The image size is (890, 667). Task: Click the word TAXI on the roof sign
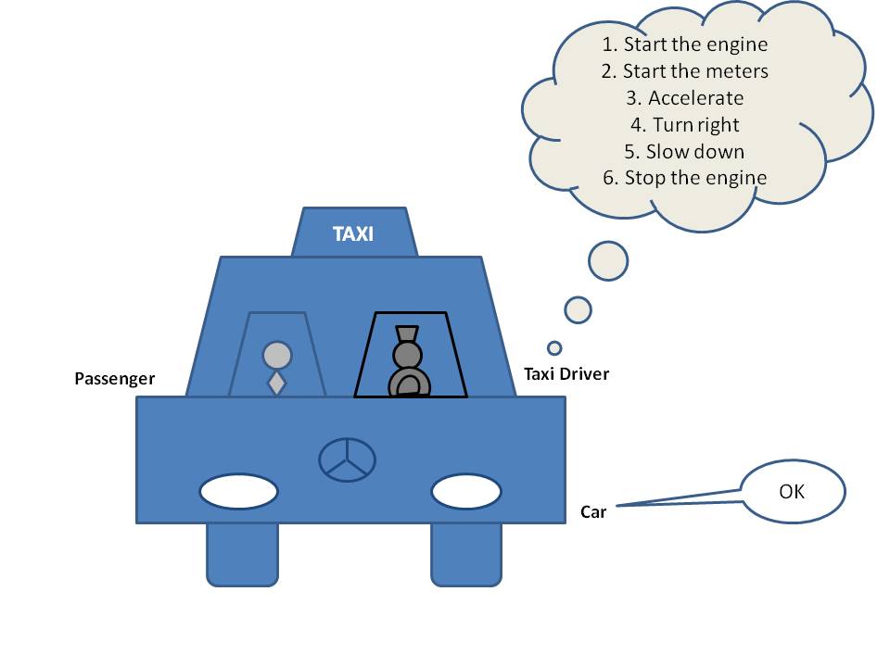353,233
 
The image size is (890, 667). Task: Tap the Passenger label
115,379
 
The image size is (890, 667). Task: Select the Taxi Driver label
566,374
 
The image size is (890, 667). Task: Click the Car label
593,511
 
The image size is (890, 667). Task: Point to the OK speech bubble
792,491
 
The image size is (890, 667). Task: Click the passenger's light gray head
277,355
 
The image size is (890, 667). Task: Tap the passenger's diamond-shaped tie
277,384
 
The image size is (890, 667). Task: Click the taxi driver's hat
407,333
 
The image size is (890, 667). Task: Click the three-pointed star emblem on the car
348,459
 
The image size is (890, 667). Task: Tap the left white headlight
239,492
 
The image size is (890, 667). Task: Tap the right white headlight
466,492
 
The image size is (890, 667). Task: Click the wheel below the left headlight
242,554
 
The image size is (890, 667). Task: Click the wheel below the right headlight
466,554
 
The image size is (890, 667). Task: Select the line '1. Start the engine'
684,44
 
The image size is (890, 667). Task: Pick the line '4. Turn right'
684,124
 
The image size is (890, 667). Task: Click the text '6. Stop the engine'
684,178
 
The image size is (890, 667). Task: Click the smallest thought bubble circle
554,348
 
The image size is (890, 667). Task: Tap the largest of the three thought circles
608,260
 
